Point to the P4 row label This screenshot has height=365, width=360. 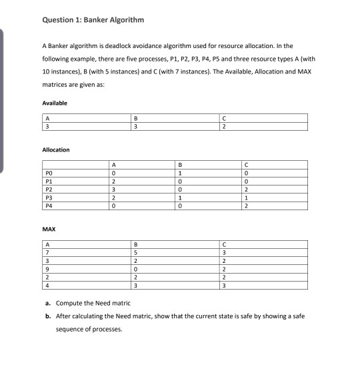[x=48, y=207]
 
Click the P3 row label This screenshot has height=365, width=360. [x=48, y=198]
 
